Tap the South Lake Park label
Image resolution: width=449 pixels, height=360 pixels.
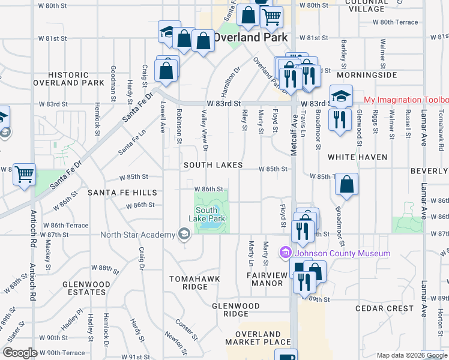pos(206,215)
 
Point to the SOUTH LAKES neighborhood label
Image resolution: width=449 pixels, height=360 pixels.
pos(213,165)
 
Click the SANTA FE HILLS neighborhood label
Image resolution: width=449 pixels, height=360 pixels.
pos(122,193)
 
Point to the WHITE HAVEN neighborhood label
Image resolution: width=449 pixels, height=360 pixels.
pos(357,157)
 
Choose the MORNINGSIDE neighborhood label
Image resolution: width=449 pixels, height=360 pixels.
pos(367,76)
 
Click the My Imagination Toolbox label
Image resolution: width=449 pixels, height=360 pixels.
pos(406,100)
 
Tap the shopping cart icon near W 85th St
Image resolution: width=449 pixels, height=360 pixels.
pos(25,174)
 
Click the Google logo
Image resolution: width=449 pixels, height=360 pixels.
pos(19,353)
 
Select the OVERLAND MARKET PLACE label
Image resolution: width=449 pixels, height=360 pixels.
pos(258,338)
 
